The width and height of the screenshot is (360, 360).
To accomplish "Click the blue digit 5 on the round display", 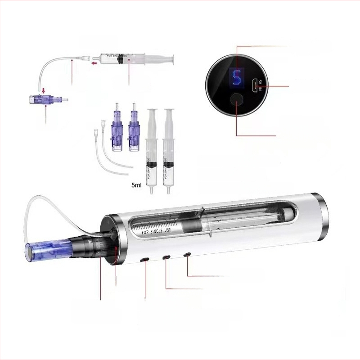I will pyautogui.click(x=235, y=77).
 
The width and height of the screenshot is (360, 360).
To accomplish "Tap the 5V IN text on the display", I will pyautogui.click(x=259, y=84).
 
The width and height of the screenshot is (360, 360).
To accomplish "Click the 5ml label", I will pyautogui.click(x=136, y=185).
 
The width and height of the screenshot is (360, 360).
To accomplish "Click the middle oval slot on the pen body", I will pyautogui.click(x=166, y=257).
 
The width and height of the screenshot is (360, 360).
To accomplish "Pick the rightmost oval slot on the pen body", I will pyautogui.click(x=187, y=255).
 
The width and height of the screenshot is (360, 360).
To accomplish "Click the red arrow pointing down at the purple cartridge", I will pyautogui.click(x=44, y=92).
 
